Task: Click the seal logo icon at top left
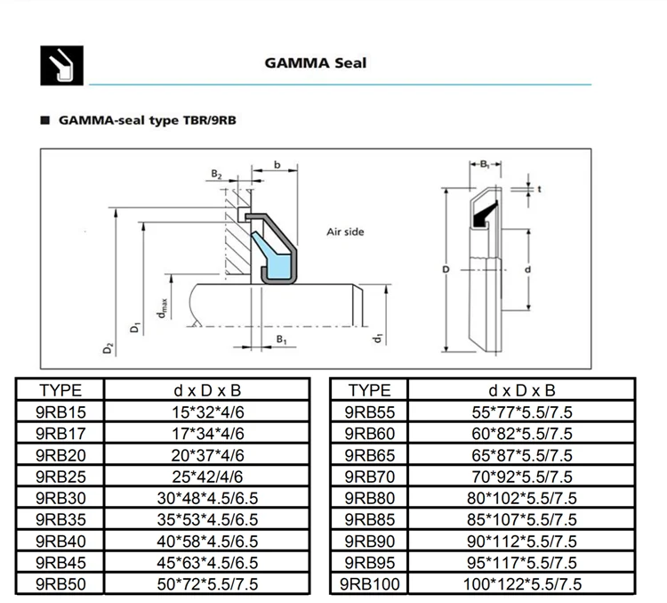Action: point(62,63)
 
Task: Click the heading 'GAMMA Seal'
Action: point(315,63)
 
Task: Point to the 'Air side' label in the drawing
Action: point(346,232)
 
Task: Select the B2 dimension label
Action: point(217,175)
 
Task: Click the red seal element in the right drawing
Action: point(482,215)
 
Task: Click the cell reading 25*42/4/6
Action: point(206,476)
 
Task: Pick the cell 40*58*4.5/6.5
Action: point(206,541)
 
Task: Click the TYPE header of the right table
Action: point(369,390)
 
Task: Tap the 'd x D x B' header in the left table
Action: point(206,390)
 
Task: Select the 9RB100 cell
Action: point(369,583)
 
